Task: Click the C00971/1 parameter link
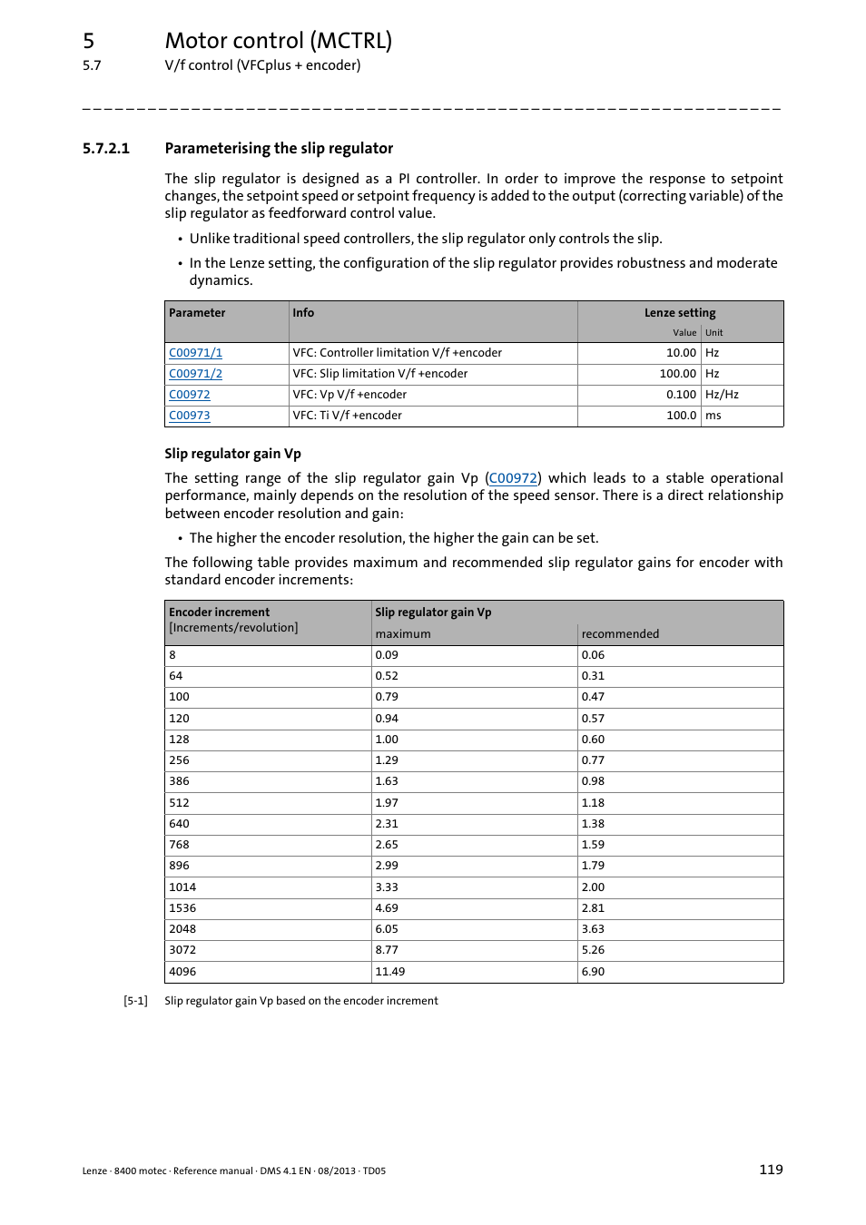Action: [195, 353]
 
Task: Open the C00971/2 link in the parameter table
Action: [195, 374]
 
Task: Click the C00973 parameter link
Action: [189, 416]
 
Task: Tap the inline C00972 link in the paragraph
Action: [513, 478]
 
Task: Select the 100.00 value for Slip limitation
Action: [677, 374]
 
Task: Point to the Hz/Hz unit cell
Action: [722, 395]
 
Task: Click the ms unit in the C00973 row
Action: [713, 416]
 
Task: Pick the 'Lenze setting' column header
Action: [680, 313]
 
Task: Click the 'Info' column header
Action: [303, 313]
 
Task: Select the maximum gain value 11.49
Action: [389, 972]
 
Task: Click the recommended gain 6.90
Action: [593, 972]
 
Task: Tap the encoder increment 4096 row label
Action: [182, 972]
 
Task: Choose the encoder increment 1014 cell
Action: [182, 887]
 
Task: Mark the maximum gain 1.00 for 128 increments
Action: [387, 740]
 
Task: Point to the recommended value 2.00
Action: [593, 887]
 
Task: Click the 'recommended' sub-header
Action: [620, 634]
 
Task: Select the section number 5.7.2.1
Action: [106, 149]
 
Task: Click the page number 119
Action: [771, 1170]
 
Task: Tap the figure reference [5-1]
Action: [135, 1001]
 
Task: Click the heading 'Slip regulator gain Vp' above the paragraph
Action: [232, 454]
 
